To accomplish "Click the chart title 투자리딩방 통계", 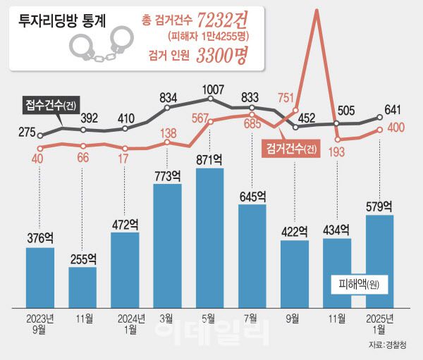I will click(x=63, y=20).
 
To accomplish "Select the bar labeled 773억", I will click(x=167, y=244).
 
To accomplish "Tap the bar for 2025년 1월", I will click(x=379, y=261).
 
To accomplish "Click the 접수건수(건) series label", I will click(x=48, y=106).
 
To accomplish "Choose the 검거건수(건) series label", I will click(x=293, y=149).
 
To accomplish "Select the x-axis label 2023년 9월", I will click(x=40, y=322).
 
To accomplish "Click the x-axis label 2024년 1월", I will click(x=125, y=322).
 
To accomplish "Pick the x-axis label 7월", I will click(x=252, y=318).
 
